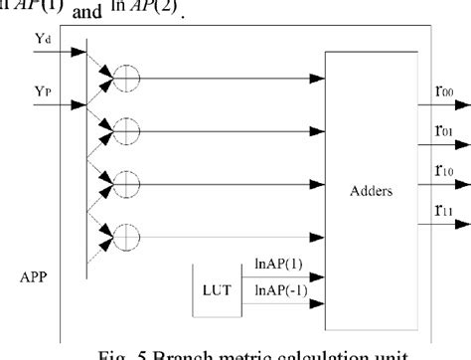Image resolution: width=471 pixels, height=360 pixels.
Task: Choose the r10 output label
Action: (443, 170)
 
